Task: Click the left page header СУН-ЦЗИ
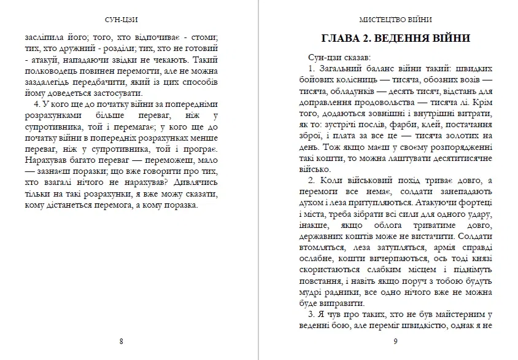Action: (x=121, y=18)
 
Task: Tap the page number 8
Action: (x=121, y=341)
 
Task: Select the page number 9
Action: (x=395, y=341)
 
